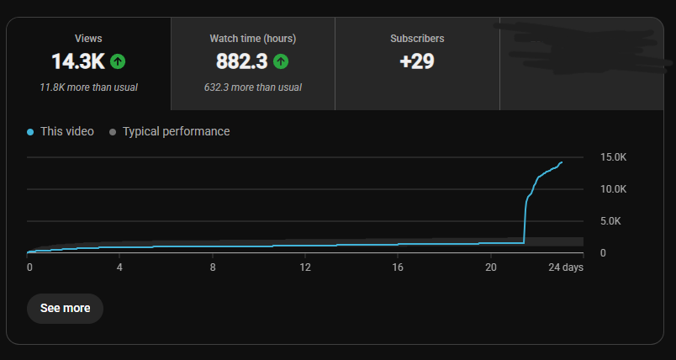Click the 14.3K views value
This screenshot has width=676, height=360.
[78, 61]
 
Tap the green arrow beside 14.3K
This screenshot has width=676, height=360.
[118, 61]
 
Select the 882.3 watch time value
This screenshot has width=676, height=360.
[242, 61]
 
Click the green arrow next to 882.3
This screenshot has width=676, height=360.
[281, 61]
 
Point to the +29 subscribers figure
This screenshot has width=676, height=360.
[417, 61]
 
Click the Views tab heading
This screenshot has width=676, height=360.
[88, 39]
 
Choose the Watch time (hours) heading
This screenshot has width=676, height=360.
[252, 39]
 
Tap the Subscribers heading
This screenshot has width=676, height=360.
[417, 39]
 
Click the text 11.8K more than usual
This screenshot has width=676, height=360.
[88, 87]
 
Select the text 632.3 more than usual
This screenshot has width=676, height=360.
[252, 87]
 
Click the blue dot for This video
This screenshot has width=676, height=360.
[30, 132]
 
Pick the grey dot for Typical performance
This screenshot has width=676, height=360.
[113, 132]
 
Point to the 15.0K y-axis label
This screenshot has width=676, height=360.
[613, 157]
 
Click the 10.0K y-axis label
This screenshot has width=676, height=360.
[613, 189]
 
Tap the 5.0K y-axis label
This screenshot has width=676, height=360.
[610, 221]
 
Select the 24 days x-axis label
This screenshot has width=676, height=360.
[566, 267]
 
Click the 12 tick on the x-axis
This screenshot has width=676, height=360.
[305, 267]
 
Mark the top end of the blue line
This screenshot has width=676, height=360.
[562, 162]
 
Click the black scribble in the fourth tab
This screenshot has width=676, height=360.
[582, 48]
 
